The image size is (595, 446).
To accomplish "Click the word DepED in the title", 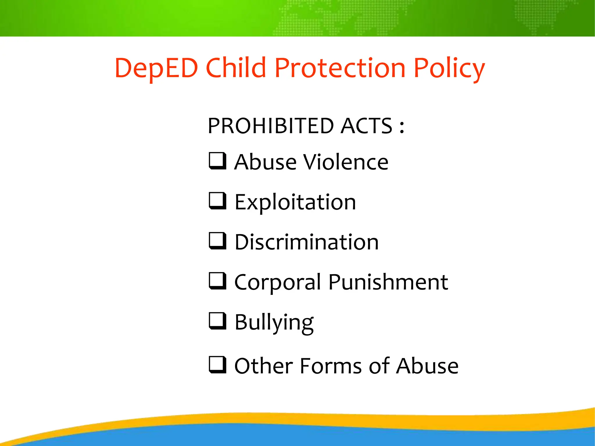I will point(156,68).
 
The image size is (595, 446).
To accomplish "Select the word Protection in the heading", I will point(340,68).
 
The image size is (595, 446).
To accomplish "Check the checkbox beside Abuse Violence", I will point(217,161).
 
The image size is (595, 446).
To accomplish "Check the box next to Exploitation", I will point(217,201).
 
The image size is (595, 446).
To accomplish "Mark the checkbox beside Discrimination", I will point(217,241).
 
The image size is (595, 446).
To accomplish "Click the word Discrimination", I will point(307,242).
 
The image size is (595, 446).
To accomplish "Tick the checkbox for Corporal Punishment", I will point(217,281).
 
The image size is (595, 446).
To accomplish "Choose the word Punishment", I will point(388,282).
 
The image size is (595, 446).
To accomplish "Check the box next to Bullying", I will point(217,321).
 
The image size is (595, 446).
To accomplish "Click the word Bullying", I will point(274,323).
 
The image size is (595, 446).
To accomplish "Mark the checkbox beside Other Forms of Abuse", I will point(217,365).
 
